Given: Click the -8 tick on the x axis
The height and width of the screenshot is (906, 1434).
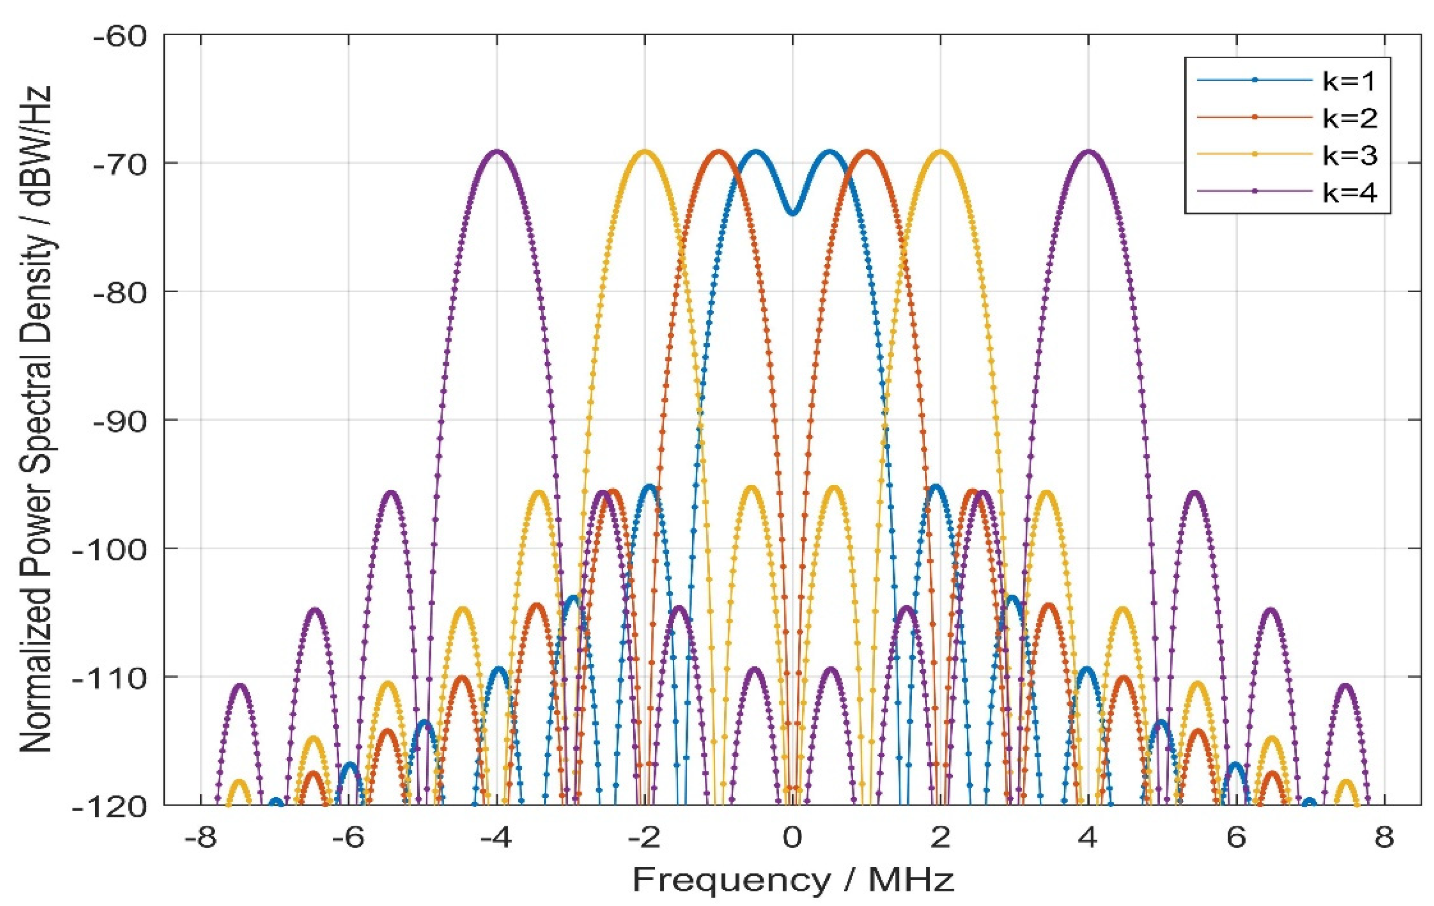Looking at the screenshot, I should tap(200, 838).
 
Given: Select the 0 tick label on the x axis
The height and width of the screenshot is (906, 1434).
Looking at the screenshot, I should tap(792, 838).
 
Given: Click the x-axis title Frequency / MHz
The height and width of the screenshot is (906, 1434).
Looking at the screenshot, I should tap(792, 880).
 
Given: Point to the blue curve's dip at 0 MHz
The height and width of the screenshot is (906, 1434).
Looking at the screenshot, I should tap(792, 213).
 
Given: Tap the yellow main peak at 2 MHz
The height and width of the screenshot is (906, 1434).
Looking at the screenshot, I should tap(940, 152).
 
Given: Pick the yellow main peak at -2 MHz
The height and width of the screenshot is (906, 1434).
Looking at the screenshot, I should tap(644, 152).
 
